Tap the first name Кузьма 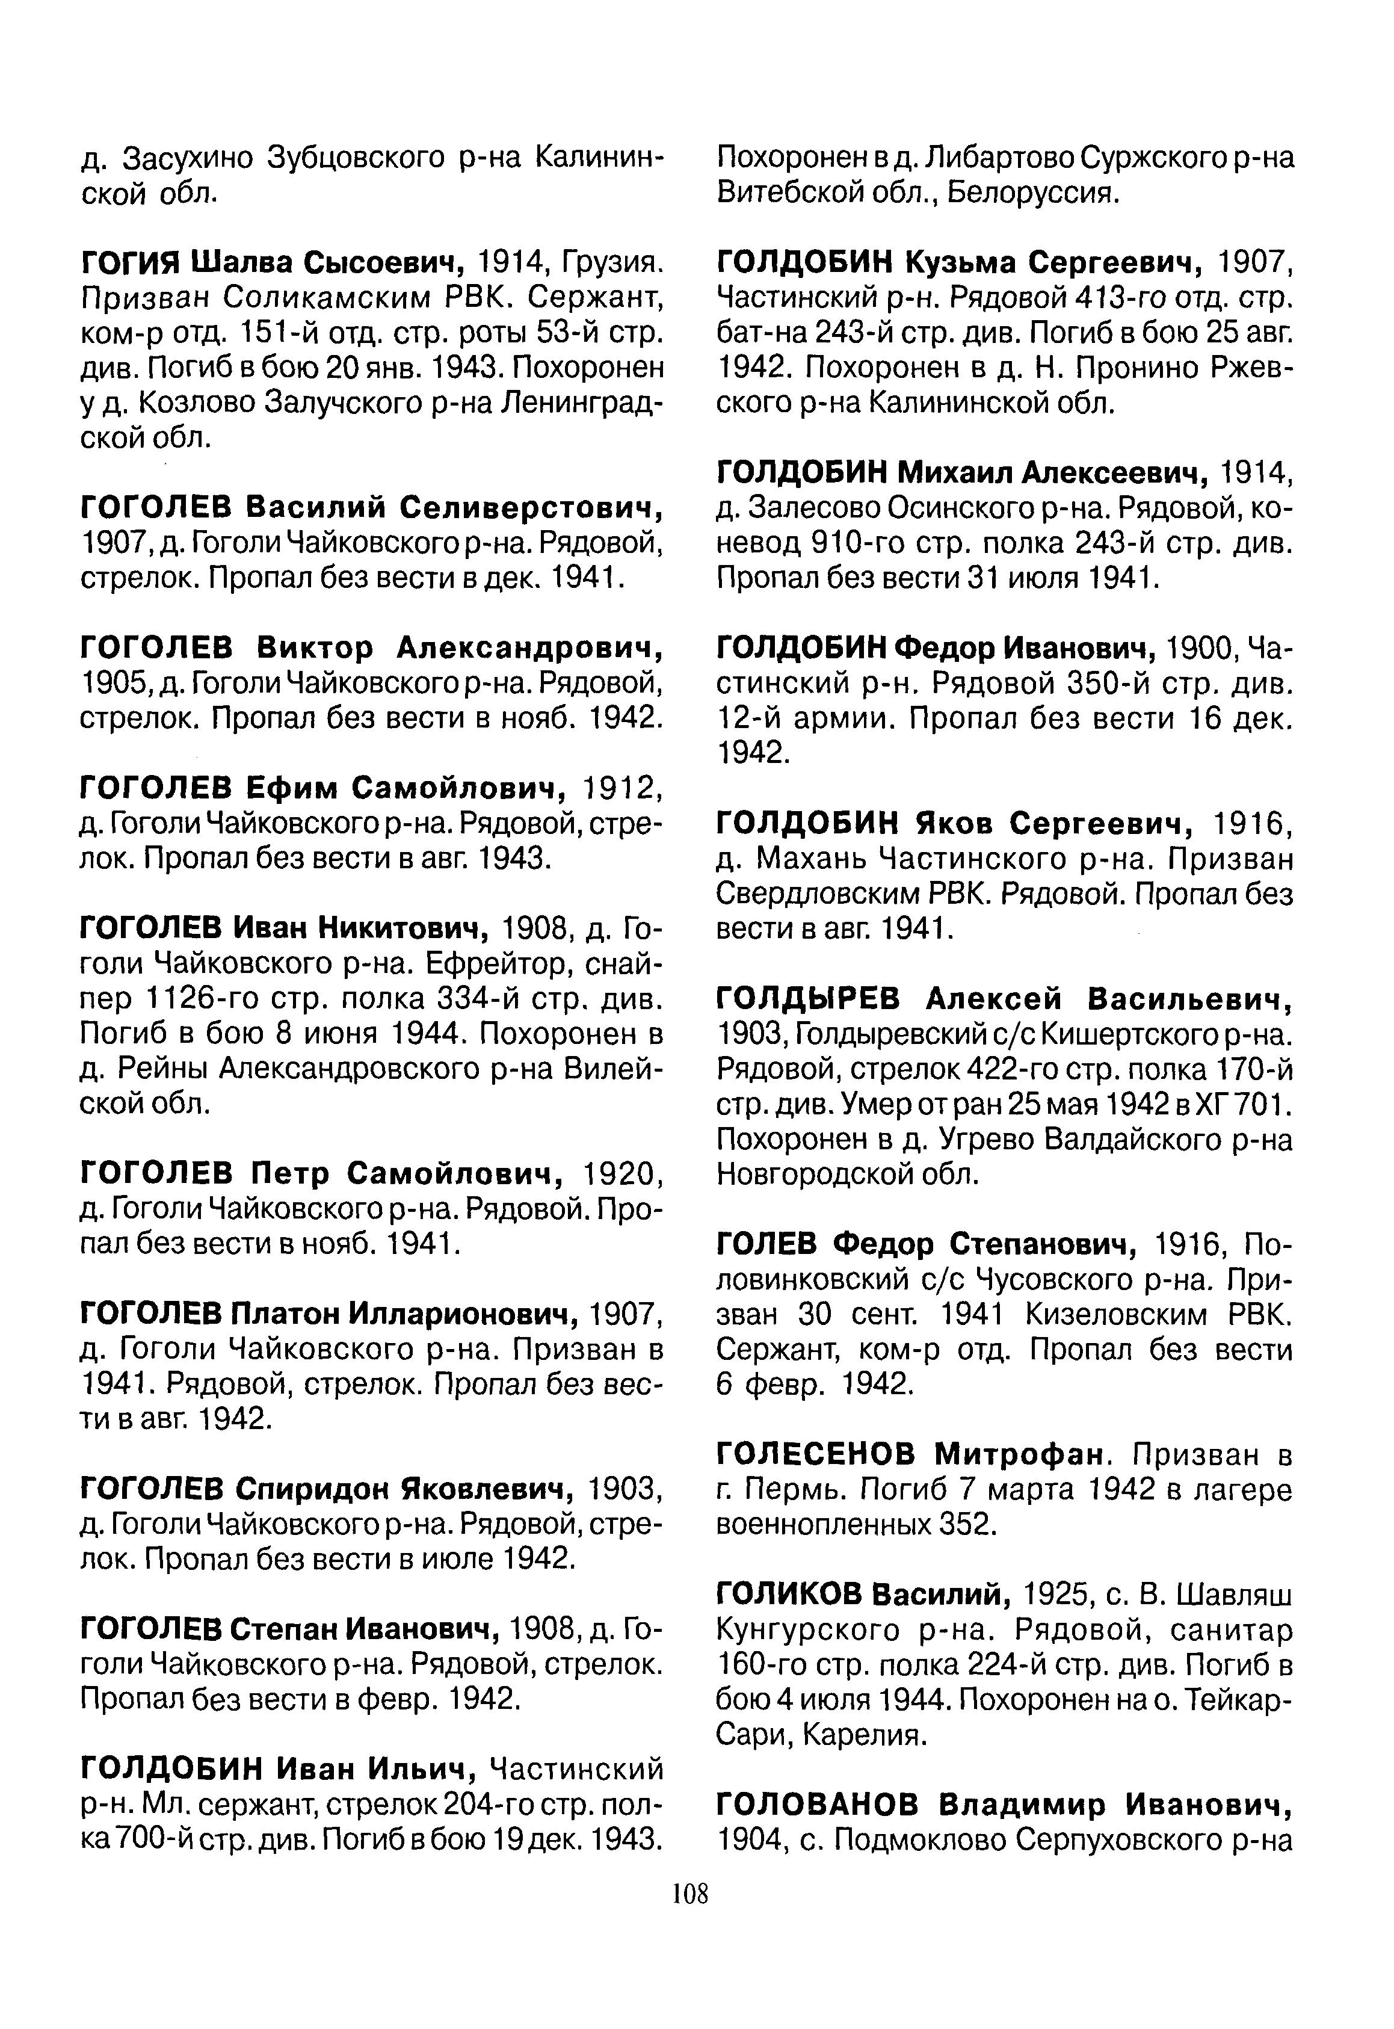[x=953, y=262]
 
